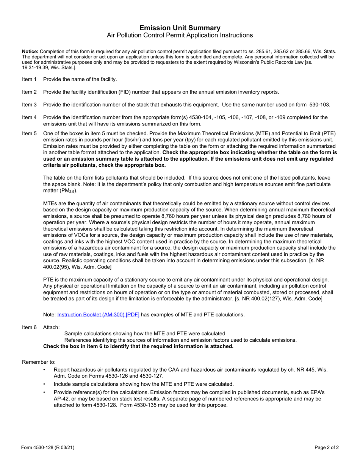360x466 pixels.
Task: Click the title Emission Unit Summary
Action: (180, 28)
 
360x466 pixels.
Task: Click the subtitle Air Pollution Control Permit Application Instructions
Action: (180, 35)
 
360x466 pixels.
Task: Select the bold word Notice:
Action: (30, 51)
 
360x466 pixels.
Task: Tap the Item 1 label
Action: (29, 79)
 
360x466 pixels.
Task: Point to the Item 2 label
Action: (29, 92)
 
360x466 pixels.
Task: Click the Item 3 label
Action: (29, 105)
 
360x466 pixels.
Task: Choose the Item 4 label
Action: (29, 117)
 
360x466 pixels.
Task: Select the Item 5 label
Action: (29, 133)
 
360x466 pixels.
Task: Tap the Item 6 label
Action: (29, 327)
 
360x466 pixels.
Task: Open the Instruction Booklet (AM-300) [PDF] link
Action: (98, 314)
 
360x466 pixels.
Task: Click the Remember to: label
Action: (39, 362)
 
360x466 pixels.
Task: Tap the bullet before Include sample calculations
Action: (44, 384)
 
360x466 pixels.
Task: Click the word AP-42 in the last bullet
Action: (62, 399)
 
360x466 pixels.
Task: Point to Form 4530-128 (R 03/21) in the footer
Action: (48, 447)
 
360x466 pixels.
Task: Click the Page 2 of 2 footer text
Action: (327, 447)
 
